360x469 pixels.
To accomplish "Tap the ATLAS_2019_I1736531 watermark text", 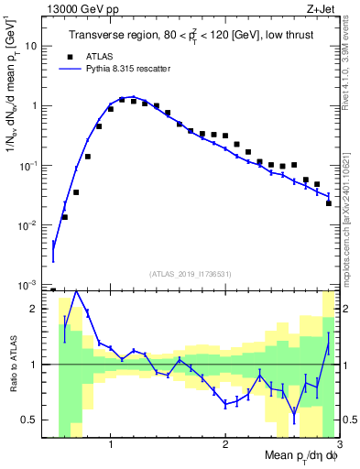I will pos(190,273).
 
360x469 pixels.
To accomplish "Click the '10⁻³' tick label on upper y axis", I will pos(30,286).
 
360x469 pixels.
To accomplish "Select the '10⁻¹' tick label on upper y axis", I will pos(30,166).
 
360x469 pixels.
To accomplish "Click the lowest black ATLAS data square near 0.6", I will pos(64,217).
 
